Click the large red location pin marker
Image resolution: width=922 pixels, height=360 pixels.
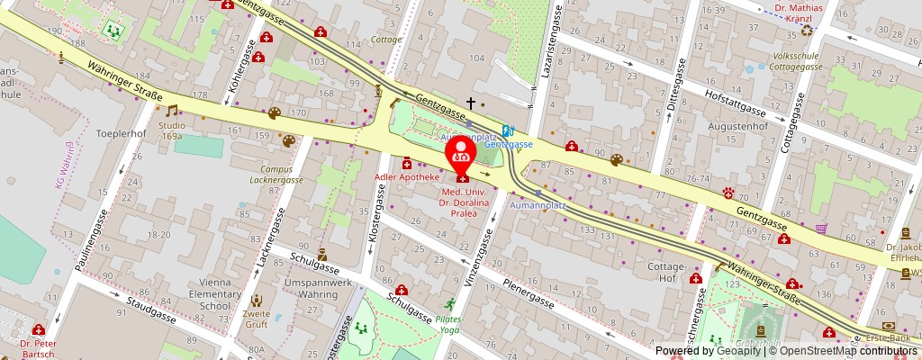[461, 151]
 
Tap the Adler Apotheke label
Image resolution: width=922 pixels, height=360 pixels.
[406, 177]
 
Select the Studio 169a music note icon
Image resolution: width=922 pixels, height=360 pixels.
[171, 111]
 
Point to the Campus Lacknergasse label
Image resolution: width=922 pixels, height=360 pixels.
[276, 174]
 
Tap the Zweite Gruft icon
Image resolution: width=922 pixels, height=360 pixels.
[257, 301]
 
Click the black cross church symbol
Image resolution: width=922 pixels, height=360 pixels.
[469, 103]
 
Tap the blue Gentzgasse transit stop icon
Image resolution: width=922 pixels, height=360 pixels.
[508, 130]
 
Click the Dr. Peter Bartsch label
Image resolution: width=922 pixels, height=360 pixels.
[38, 349]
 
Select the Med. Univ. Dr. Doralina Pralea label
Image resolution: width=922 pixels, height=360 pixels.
[471, 203]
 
